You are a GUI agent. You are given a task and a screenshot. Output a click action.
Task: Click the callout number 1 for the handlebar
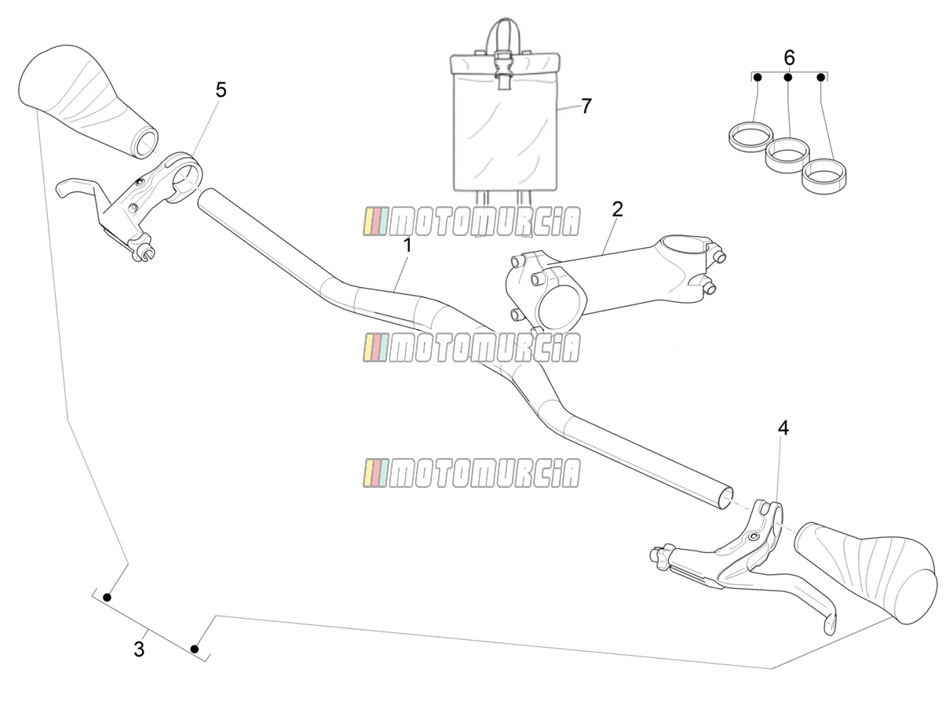(x=407, y=245)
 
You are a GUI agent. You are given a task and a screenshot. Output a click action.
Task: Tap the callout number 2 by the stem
(x=617, y=209)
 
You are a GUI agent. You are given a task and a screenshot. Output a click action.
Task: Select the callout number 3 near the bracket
(x=139, y=649)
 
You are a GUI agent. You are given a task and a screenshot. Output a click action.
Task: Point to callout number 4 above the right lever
(x=783, y=428)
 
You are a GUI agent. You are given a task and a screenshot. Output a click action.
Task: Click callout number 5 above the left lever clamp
(x=221, y=90)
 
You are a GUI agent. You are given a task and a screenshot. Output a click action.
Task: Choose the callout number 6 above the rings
(x=789, y=58)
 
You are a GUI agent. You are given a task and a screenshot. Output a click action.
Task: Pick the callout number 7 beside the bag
(x=586, y=107)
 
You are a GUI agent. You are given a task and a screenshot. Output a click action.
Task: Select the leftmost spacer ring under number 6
(x=751, y=137)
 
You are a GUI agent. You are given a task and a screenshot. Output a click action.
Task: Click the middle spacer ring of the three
(x=787, y=155)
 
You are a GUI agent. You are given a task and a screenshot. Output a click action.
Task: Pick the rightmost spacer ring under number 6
(x=824, y=176)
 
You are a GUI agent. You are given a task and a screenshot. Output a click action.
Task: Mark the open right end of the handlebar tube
(x=725, y=498)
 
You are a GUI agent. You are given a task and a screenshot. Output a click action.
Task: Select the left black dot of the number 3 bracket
(x=107, y=598)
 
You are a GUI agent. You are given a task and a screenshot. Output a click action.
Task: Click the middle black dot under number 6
(x=788, y=78)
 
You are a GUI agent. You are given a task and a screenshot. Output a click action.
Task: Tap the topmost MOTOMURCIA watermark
(x=471, y=221)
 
